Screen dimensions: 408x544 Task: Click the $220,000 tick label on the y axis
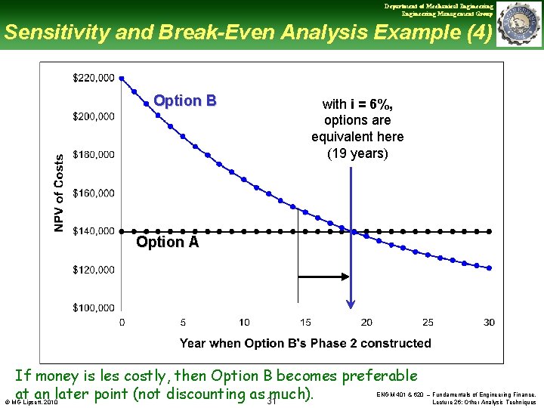tap(94, 78)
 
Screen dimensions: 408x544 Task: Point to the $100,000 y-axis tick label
tap(94, 308)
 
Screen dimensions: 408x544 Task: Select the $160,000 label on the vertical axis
tap(94, 193)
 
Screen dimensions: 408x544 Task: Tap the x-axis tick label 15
tap(305, 323)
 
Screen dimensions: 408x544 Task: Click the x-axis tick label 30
tap(489, 323)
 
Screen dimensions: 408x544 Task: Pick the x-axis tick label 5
tap(184, 323)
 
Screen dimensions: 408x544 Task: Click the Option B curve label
tap(185, 100)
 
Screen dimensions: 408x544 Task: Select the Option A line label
tap(167, 243)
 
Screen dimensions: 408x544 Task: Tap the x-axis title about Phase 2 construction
tap(305, 343)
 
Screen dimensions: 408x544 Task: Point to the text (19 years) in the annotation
tap(357, 153)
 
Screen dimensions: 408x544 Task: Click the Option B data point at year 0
tap(122, 78)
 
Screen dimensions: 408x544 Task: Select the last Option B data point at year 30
tap(490, 267)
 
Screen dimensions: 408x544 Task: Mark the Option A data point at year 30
tap(490, 231)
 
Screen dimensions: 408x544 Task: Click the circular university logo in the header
tap(520, 24)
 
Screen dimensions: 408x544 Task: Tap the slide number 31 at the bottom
tap(273, 400)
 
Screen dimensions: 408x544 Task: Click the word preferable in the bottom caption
tap(379, 376)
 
